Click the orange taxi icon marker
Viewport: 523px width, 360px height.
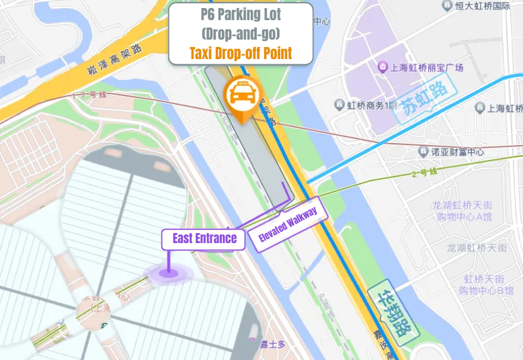coord(242,95)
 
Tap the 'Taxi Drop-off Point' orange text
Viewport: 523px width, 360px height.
coord(241,53)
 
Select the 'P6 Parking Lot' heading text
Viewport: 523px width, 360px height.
coord(241,15)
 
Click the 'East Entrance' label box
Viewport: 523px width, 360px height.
coord(204,238)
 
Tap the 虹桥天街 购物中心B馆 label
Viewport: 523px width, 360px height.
coord(488,285)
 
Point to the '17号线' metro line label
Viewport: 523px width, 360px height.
coord(94,96)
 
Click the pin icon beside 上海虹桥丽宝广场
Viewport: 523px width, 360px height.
coord(383,67)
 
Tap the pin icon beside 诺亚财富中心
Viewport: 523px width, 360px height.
coord(424,152)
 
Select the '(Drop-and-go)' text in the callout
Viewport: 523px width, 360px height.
coord(241,33)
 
